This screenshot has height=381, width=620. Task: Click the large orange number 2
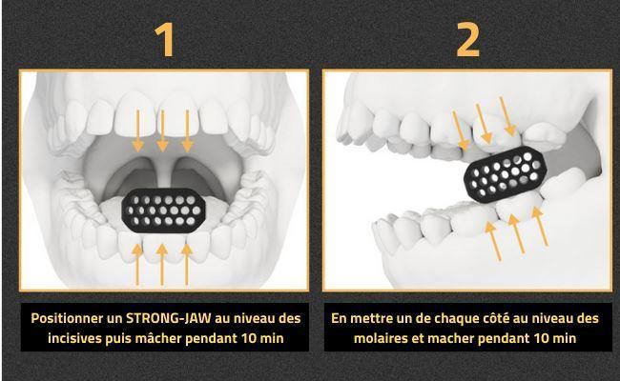click(467, 39)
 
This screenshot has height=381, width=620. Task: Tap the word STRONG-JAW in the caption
click(169, 318)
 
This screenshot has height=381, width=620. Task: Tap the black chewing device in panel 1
click(164, 211)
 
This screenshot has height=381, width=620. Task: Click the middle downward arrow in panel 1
click(162, 130)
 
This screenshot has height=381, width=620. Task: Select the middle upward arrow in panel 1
click(162, 264)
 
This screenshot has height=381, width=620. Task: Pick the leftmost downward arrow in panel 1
click(137, 130)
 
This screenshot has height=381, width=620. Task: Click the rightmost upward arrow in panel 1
click(187, 264)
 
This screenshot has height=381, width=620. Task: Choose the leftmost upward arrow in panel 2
click(493, 241)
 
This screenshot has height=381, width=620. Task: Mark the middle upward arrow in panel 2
click(516, 233)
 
